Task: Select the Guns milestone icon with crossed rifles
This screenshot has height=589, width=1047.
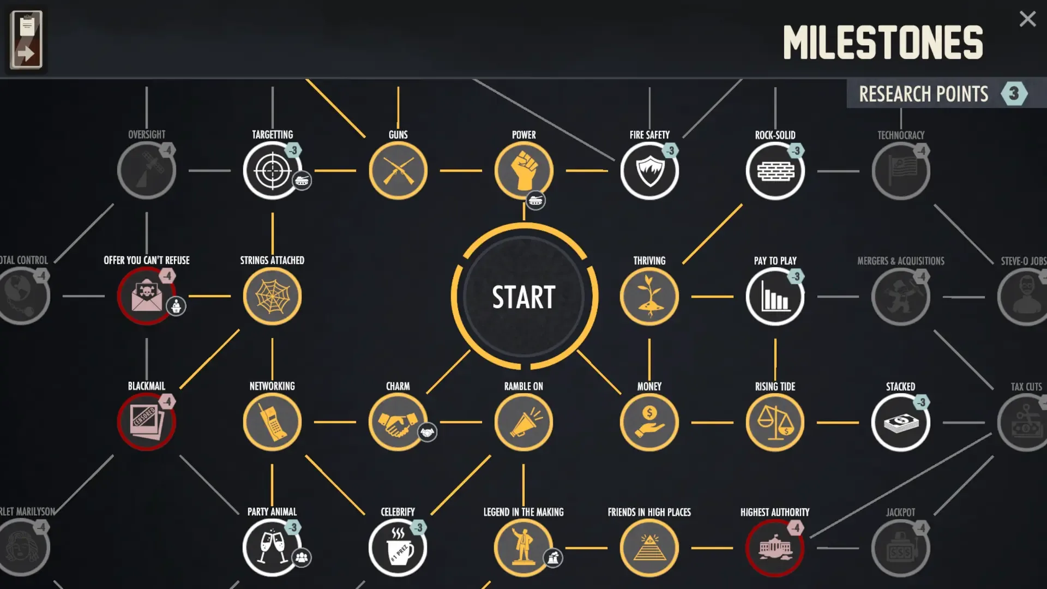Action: point(398,171)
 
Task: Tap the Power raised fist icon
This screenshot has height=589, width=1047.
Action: point(523,171)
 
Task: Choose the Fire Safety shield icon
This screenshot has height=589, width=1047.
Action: point(649,171)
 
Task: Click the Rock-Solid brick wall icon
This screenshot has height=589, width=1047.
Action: point(775,171)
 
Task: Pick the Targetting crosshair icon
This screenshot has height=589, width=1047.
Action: point(272,171)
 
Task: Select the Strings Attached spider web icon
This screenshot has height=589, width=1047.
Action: point(272,296)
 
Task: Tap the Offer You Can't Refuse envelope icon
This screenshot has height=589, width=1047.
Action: point(146,296)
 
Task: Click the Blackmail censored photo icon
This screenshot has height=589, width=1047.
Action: point(146,422)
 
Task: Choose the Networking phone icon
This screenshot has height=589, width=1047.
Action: point(272,422)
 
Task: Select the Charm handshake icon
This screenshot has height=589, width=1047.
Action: point(398,422)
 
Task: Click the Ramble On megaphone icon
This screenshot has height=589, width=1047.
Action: point(523,422)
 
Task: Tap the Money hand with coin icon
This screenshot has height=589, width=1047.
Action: point(649,422)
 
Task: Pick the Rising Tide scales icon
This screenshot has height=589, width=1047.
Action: point(775,422)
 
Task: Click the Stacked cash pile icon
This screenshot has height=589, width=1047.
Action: point(900,422)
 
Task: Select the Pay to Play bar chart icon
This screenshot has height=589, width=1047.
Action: point(775,296)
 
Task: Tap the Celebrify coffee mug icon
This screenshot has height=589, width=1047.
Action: point(398,548)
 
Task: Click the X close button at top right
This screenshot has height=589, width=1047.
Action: point(1027,19)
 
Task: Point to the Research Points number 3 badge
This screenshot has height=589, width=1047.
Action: point(1014,93)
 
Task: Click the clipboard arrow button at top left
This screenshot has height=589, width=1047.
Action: point(26,40)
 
